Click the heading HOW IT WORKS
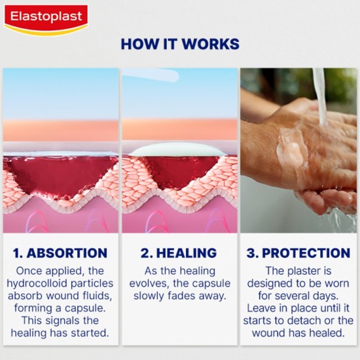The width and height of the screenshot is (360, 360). tap(180, 45)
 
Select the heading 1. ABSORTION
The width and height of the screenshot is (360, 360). tap(60, 253)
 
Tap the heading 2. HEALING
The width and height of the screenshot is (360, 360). tap(179, 253)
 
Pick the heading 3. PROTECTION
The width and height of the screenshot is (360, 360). tap(298, 253)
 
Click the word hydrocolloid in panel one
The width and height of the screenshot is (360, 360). tap(41, 283)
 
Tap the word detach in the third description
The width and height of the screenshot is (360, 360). tap(309, 320)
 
